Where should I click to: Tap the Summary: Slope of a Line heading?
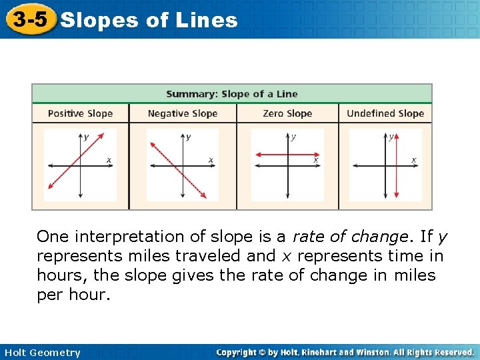[231, 94]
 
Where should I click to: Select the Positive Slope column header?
[80, 113]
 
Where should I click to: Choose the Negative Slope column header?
[183, 113]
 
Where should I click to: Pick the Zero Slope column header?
[287, 113]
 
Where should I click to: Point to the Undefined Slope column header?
[385, 113]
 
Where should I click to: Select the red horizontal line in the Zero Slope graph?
[273, 155]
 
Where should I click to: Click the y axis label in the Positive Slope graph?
[86, 137]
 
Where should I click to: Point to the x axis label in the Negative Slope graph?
[211, 160]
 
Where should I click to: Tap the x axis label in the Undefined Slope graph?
[413, 160]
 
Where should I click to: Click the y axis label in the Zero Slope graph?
[294, 137]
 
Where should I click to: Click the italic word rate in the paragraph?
[307, 237]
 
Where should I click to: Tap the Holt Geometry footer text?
[42, 353]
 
